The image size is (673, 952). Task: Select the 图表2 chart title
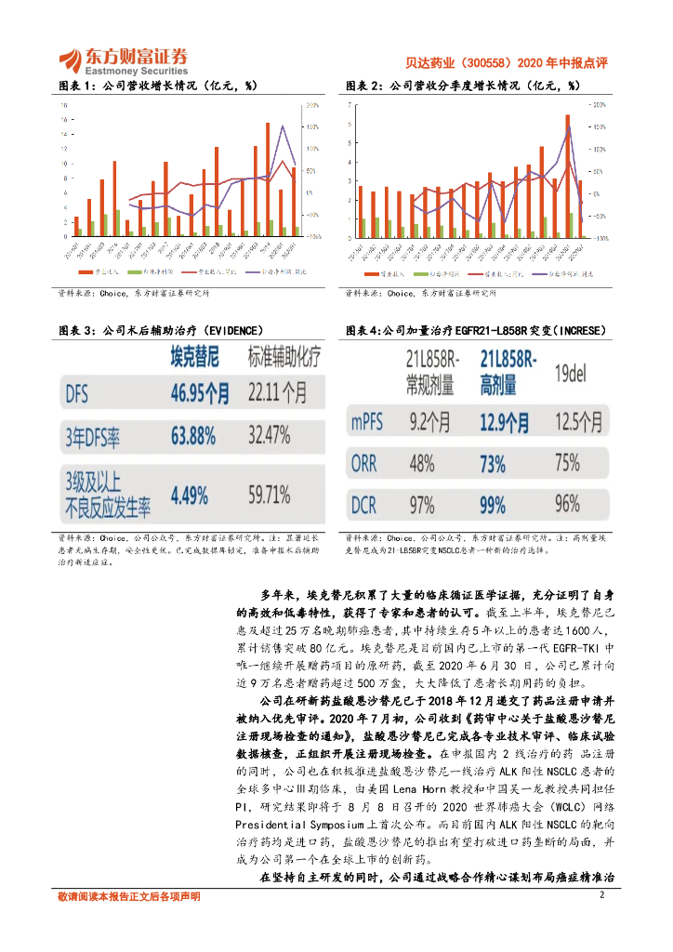(x=463, y=86)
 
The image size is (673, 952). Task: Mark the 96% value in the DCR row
(x=567, y=505)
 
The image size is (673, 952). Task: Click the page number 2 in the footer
(x=602, y=895)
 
